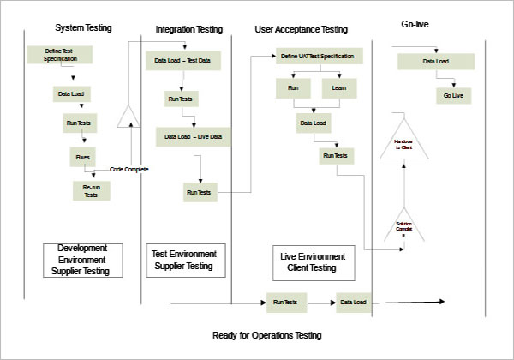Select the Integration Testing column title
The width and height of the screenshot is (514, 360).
[188, 29]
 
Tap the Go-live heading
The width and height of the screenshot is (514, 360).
[415, 24]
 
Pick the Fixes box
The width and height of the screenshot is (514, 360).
[82, 157]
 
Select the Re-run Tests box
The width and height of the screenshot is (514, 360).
[90, 190]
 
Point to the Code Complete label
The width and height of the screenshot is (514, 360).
[129, 170]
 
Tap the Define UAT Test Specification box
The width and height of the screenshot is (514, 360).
[319, 57]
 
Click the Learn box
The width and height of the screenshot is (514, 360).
[339, 88]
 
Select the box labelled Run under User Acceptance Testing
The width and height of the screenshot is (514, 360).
[293, 88]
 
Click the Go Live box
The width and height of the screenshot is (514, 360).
[453, 96]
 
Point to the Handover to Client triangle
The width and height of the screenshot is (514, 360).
[403, 143]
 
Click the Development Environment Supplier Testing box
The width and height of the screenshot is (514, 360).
[82, 260]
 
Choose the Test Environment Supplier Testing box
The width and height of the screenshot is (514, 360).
[184, 261]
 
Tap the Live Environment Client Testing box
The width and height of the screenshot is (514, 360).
[314, 262]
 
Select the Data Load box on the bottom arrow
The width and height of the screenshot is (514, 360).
[353, 303]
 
